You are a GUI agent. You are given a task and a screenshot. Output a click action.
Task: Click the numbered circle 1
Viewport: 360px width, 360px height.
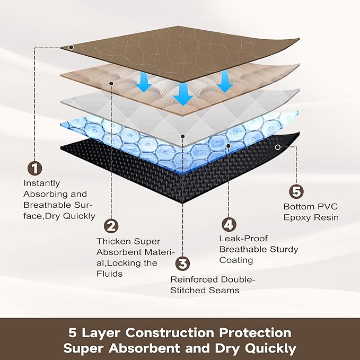(34, 168)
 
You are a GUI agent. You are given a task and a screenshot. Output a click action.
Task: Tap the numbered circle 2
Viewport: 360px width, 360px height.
(111, 226)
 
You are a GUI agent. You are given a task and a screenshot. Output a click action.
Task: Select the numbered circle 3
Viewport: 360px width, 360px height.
(183, 264)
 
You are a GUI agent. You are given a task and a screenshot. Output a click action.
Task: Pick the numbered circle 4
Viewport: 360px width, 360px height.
(229, 225)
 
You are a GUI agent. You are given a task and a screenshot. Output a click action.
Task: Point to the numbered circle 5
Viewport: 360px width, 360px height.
(296, 191)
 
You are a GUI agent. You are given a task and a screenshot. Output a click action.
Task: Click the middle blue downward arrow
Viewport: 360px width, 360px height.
(183, 94)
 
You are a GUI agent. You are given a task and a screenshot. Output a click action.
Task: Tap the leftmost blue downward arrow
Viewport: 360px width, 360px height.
(144, 82)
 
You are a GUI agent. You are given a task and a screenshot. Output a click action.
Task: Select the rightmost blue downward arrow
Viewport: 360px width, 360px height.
(225, 82)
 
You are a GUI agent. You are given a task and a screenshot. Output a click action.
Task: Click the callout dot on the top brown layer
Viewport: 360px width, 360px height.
(71, 47)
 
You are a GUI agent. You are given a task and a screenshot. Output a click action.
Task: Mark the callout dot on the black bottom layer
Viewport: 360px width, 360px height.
(278, 147)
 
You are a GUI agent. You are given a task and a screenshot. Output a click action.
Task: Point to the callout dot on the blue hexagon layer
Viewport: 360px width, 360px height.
(229, 146)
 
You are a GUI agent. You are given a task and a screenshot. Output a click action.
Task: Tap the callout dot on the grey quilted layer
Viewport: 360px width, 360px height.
(183, 136)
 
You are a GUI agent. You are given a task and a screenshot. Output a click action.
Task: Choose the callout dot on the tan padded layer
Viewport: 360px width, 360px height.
(111, 83)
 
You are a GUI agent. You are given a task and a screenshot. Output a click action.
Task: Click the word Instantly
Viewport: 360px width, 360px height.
(42, 183)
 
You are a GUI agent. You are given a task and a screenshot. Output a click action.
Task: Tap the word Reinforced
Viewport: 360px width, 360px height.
(194, 279)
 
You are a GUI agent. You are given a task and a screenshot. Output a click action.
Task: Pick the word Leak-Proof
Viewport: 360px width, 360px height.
(243, 238)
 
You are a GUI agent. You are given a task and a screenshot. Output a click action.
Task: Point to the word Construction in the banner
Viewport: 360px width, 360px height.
(170, 332)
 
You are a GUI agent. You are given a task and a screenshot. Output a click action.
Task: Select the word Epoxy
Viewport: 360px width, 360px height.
(297, 217)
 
